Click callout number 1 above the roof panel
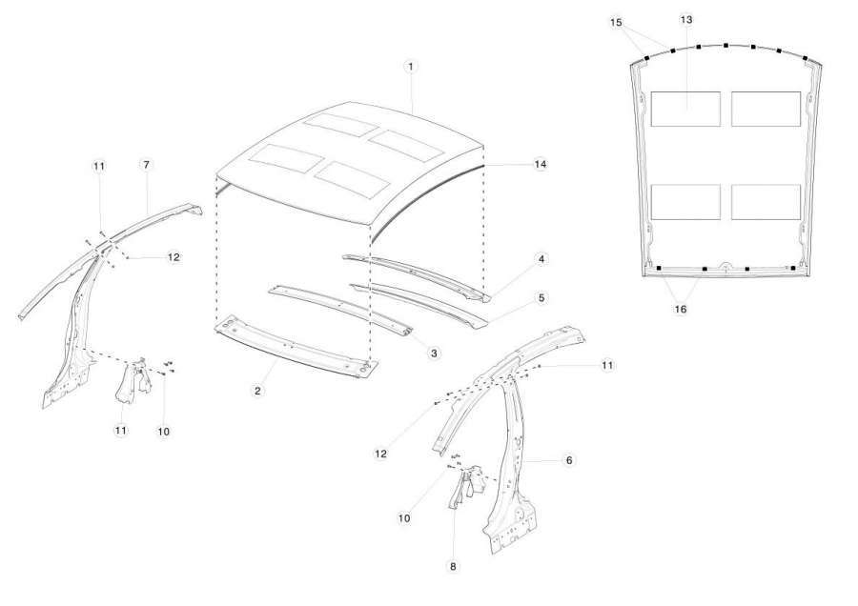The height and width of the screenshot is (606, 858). tap(410, 67)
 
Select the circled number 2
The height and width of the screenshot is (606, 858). tap(257, 391)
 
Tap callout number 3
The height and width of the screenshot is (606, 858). tap(434, 353)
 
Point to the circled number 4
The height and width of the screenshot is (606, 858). tap(541, 259)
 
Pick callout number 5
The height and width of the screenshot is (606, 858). tap(541, 298)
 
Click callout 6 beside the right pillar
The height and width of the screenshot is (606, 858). tap(568, 460)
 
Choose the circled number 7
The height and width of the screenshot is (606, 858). tap(146, 165)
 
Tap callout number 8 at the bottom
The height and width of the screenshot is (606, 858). tap(453, 567)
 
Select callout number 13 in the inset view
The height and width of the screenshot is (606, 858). tap(686, 20)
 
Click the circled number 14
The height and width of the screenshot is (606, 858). tap(541, 164)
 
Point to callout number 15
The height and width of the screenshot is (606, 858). tap(616, 23)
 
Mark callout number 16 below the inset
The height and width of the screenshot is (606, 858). tap(680, 309)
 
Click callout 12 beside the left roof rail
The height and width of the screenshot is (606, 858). tap(174, 256)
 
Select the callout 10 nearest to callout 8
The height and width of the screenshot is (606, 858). tap(404, 517)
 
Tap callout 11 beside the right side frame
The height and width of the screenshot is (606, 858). tap(607, 365)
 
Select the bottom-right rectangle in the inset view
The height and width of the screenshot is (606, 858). tap(766, 202)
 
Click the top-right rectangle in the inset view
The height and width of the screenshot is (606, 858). tap(766, 109)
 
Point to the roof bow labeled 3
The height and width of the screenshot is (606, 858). tap(339, 309)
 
